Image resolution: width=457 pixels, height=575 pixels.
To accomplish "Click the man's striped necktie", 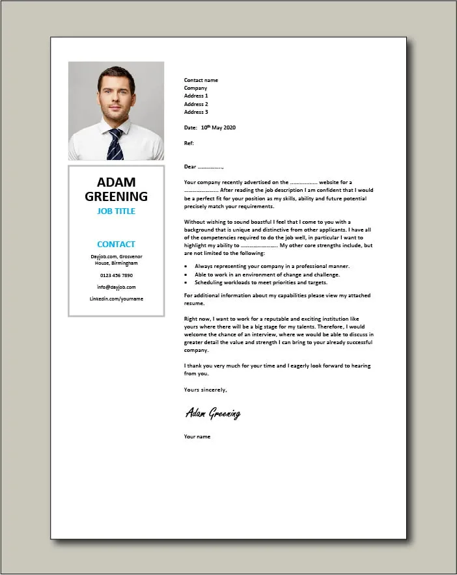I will tap(116, 144).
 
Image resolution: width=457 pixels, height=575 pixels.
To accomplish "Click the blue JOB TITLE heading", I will tap(117, 211).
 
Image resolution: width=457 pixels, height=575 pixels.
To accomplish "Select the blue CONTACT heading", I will tap(117, 245).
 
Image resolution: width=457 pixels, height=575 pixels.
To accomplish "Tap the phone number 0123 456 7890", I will tap(117, 275).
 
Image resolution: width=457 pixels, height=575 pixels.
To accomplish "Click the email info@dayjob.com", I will tap(117, 287).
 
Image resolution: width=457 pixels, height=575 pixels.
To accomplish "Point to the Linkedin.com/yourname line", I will tap(117, 299).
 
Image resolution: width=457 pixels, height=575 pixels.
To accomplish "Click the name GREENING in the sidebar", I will tap(117, 196).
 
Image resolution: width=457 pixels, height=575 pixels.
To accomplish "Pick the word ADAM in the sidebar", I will tap(117, 181).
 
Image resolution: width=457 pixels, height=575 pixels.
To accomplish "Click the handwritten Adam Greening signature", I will tap(213, 413).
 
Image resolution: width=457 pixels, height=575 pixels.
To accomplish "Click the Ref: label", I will tap(189, 143).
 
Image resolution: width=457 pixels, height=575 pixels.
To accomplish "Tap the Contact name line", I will tap(201, 80).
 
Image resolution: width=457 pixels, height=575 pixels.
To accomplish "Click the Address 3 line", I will tap(196, 112).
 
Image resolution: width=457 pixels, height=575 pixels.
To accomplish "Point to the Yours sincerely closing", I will tap(206, 390).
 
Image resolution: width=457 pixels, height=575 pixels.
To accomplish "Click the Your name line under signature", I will tap(197, 436).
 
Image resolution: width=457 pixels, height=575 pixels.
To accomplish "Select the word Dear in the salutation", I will tap(190, 167).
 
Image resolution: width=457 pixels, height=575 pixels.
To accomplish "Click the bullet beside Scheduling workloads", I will tap(186, 282).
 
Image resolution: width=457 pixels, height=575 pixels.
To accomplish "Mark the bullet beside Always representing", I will tap(186, 267).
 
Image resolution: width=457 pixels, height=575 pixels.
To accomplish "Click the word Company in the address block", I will tap(195, 88).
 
